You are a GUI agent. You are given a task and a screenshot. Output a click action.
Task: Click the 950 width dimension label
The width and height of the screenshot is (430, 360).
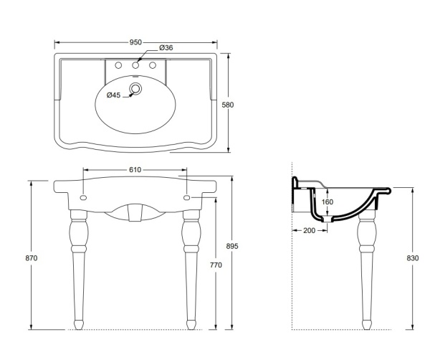(135, 42)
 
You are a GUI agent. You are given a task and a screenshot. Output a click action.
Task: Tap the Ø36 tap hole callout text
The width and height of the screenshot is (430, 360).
(166, 47)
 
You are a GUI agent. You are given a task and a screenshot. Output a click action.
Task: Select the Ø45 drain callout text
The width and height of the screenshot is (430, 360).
(113, 95)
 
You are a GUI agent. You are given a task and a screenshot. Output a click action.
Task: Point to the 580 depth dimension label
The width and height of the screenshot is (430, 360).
(228, 105)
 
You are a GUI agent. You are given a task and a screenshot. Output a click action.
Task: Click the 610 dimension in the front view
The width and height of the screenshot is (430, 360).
(135, 170)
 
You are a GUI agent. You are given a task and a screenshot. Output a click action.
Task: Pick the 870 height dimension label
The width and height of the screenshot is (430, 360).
(32, 258)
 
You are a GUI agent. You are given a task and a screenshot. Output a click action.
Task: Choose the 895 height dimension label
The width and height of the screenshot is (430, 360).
(232, 246)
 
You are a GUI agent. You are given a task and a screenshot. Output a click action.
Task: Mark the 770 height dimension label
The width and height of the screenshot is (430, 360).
(216, 265)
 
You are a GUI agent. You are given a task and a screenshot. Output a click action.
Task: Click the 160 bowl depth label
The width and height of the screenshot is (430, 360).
(328, 202)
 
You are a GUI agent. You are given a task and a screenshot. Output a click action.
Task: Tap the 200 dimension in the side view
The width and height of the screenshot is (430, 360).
(310, 230)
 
